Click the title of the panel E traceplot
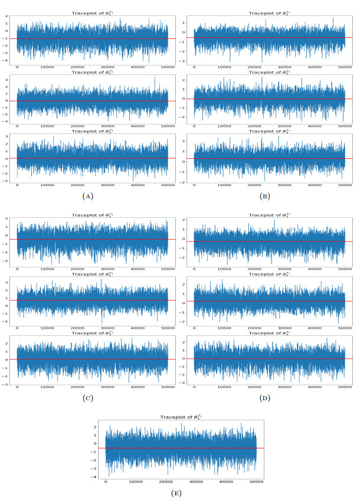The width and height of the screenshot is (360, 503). (x=180, y=417)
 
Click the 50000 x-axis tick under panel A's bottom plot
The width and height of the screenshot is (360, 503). (x=167, y=186)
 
